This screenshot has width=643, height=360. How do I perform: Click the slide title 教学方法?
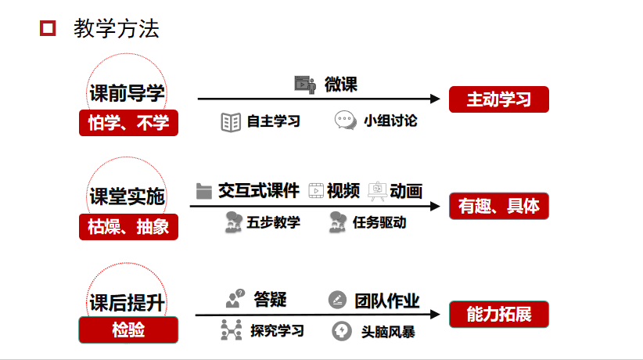click(116, 29)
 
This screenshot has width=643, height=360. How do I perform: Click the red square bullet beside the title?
click(48, 29)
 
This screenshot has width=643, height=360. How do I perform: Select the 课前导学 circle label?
click(127, 94)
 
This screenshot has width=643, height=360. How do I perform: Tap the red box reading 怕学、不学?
click(128, 123)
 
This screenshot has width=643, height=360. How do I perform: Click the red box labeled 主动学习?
click(498, 100)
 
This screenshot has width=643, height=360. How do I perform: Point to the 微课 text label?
click(341, 84)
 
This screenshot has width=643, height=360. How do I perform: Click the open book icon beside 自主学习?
click(231, 122)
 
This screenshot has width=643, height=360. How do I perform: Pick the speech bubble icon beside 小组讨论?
click(345, 121)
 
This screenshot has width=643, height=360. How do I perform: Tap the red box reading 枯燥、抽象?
click(128, 226)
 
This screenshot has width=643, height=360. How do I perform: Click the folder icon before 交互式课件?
click(204, 191)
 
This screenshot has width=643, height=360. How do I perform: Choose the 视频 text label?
click(343, 191)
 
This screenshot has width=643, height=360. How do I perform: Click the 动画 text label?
click(406, 191)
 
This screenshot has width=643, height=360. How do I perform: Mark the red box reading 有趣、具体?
click(498, 206)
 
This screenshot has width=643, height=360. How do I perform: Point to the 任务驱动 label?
click(379, 222)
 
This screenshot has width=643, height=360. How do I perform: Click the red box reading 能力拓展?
click(498, 315)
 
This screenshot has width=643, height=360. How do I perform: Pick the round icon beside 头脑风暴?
click(341, 331)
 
